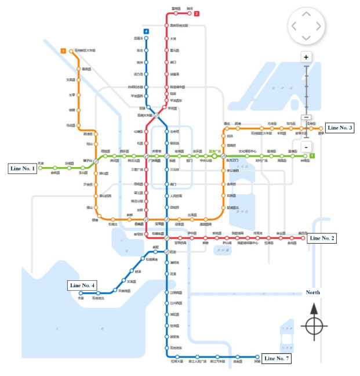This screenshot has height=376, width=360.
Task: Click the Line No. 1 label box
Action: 23,169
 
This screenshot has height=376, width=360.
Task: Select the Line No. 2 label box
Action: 321,238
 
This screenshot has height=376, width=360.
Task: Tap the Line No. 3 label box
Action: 340,128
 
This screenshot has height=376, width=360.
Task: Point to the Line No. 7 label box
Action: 276,359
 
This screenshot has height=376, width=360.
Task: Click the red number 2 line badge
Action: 197,13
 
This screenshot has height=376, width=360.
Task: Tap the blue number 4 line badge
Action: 146,31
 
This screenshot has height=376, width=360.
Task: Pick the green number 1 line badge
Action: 312,156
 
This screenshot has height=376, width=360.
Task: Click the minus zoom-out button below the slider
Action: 306,147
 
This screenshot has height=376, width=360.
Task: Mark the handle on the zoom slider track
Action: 306,117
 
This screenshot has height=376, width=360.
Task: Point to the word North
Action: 312,292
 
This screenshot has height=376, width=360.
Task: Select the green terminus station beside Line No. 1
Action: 40,168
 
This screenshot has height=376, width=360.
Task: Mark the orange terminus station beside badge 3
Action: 71,51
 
